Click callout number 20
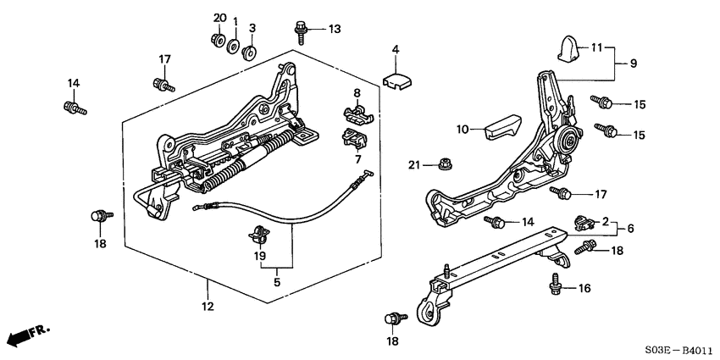click(219, 19)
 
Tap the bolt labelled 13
click(301, 30)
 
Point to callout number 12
click(207, 306)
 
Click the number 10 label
click(462, 130)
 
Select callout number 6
click(629, 228)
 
